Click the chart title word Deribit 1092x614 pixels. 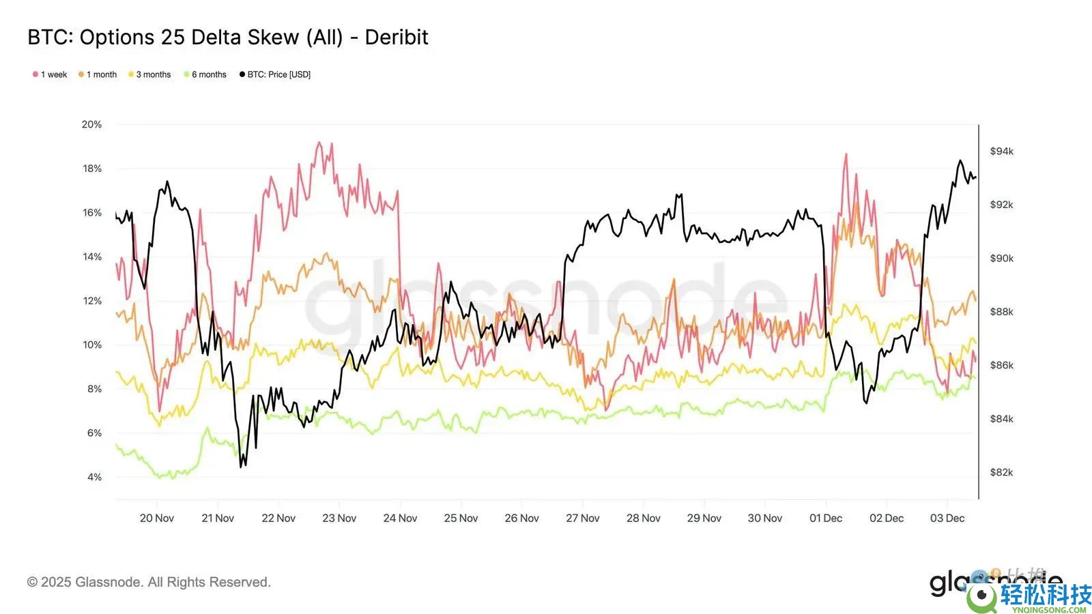[396, 37]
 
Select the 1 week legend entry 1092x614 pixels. [51, 74]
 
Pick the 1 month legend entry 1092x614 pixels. [98, 74]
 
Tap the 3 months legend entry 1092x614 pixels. [150, 74]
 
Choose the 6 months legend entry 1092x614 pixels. [205, 74]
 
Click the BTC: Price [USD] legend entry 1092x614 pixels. [275, 74]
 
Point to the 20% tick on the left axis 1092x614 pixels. [91, 124]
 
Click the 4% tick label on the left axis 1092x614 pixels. [94, 477]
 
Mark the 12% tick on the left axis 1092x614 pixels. [92, 301]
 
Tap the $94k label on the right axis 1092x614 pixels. [1001, 151]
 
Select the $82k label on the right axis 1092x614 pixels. [1001, 472]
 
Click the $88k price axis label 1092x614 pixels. [1001, 312]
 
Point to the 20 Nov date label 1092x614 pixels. [156, 518]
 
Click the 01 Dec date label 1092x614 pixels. [826, 518]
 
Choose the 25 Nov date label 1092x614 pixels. [461, 518]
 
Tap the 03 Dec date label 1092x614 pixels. [947, 518]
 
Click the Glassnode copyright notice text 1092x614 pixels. [149, 582]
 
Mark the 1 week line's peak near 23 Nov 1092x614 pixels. [318, 143]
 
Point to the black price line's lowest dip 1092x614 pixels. [242, 467]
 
